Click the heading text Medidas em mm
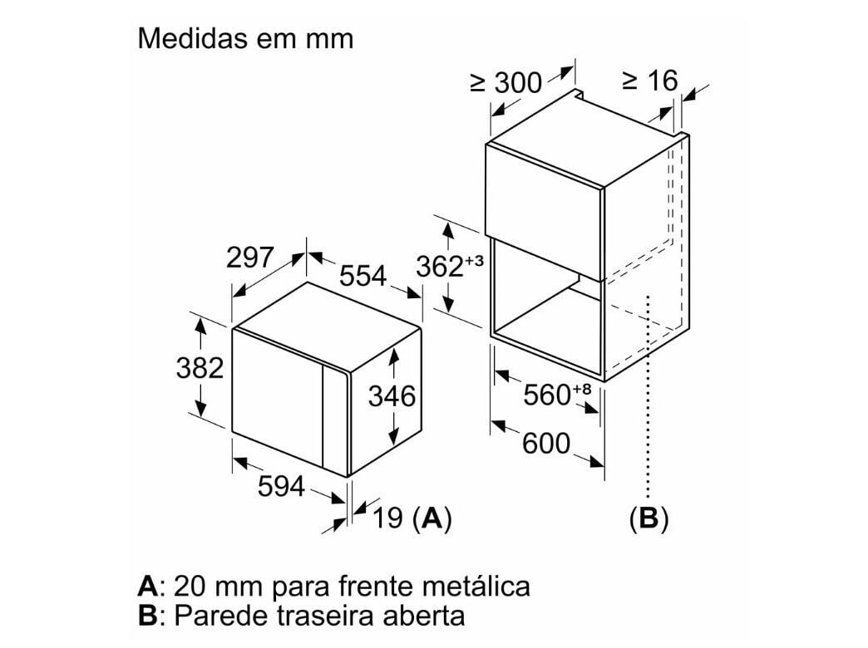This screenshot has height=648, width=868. [x=245, y=39]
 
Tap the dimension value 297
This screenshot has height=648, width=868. [x=249, y=258]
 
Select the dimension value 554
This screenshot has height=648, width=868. [x=362, y=276]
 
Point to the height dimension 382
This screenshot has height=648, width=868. [x=200, y=367]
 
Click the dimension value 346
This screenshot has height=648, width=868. [x=392, y=396]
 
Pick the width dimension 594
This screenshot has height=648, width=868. [x=281, y=486]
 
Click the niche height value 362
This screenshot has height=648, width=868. [x=439, y=266]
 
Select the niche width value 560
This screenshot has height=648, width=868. [x=547, y=395]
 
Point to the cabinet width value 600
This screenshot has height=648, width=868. [x=545, y=443]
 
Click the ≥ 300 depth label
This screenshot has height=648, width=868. [x=506, y=83]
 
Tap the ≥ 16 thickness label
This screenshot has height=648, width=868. [x=650, y=81]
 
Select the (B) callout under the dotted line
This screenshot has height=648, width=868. [x=649, y=518]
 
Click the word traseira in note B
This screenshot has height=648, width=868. [x=323, y=616]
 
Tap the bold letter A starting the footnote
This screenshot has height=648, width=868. [x=148, y=586]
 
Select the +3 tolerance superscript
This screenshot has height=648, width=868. [x=475, y=260]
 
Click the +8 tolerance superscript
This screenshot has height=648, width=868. [x=582, y=389]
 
